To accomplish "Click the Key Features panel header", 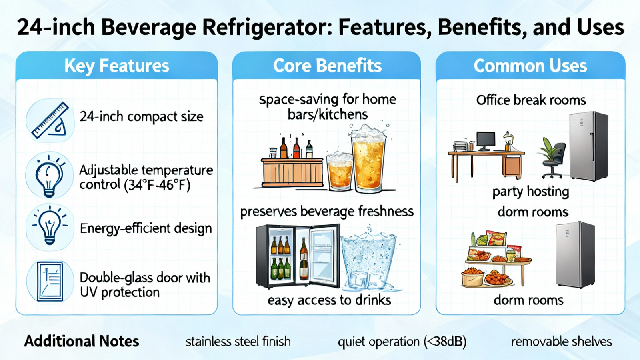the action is tap(116, 66).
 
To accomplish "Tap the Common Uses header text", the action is tap(530, 66).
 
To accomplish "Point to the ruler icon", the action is tap(50, 120).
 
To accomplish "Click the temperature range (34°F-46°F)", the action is tap(157, 186).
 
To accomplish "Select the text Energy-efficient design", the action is tap(146, 228).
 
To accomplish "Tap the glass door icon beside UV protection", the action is tap(50, 282).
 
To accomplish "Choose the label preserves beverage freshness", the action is tap(327, 212).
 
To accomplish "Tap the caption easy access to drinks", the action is tap(329, 300).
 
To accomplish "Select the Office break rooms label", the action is tap(531, 100).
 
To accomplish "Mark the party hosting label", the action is tap(530, 192).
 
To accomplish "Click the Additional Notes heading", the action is tap(82, 341).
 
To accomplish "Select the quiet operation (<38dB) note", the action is tap(402, 342).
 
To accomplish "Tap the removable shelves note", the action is tap(561, 342).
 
